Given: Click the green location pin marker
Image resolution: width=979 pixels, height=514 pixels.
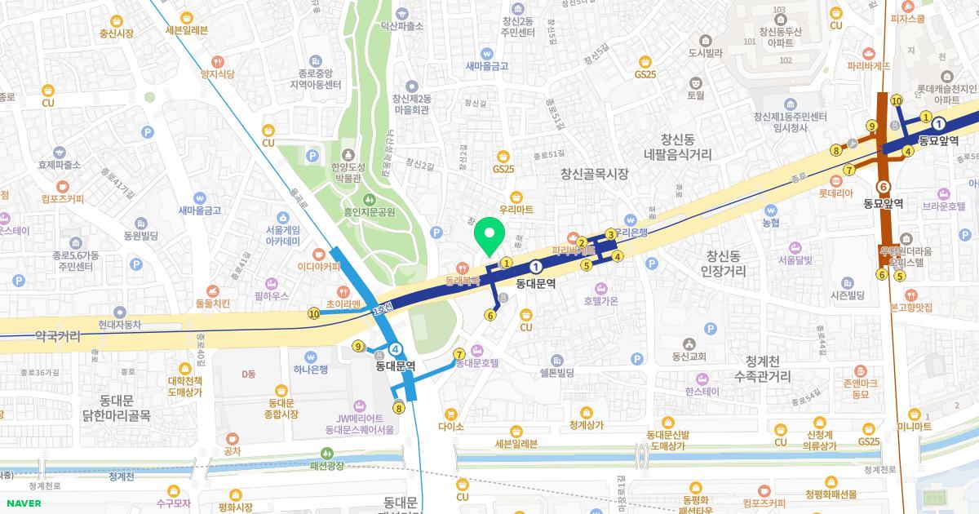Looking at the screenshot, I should tap(489, 237).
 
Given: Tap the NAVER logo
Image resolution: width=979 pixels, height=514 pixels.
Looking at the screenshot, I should tap(22, 503).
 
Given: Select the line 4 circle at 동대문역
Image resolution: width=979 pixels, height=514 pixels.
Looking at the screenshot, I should tap(396, 348).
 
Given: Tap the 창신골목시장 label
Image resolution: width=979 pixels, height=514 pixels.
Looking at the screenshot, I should tap(594, 173).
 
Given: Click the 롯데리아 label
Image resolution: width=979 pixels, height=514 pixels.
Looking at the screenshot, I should tap(837, 194).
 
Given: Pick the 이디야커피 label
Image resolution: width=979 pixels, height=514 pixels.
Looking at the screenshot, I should tap(318, 265).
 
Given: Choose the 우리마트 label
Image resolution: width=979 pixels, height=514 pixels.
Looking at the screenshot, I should tap(516, 210).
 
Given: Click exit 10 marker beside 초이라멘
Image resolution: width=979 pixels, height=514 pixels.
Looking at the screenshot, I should tap(314, 313).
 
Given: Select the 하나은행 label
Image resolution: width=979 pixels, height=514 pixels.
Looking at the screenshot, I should tap(311, 369).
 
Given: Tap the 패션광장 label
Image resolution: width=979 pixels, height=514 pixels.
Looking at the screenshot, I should tap(327, 465).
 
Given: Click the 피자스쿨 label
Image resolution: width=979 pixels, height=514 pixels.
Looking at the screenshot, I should tap(907, 18).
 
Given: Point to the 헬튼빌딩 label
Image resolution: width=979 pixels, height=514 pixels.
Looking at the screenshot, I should tap(557, 373).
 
